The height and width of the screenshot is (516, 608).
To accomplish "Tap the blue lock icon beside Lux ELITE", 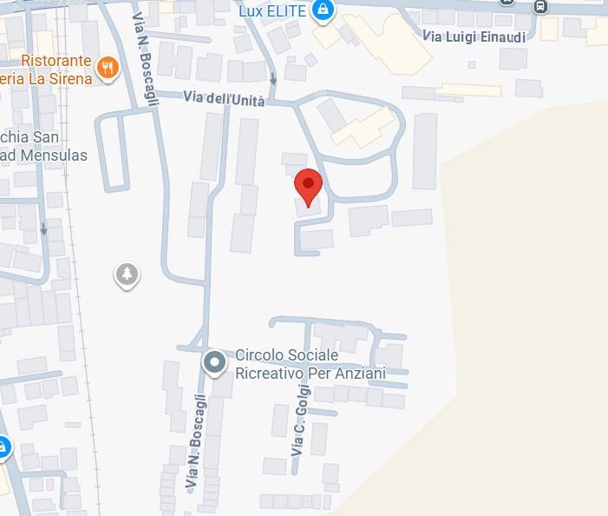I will click(323, 10).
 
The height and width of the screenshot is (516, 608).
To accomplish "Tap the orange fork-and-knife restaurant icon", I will click(108, 67).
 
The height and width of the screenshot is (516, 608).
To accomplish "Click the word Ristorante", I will click(56, 62).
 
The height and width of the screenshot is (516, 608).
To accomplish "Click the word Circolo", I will click(259, 356).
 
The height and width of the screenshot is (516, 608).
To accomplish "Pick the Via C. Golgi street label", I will click(299, 423).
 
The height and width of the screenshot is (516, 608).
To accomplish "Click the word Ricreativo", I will click(268, 374).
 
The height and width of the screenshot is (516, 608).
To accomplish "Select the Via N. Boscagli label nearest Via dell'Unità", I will click(147, 59).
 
